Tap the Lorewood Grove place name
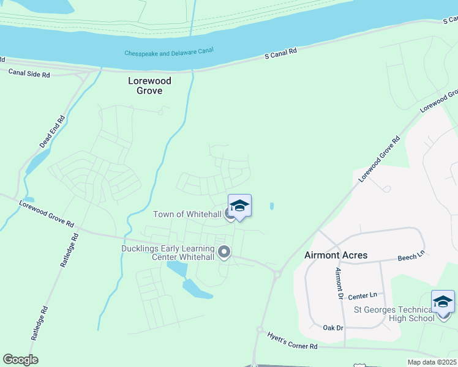click(149, 86)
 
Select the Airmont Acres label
click(336, 255)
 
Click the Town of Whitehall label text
click(187, 214)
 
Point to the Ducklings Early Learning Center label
click(168, 253)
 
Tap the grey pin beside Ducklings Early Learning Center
click(224, 252)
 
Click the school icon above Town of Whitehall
click(239, 206)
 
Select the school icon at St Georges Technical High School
click(443, 302)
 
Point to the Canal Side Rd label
click(29, 73)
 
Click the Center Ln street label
click(360, 296)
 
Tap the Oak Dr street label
click(333, 328)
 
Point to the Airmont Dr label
click(338, 282)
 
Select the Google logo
click(20, 360)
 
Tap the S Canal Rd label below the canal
click(280, 54)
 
